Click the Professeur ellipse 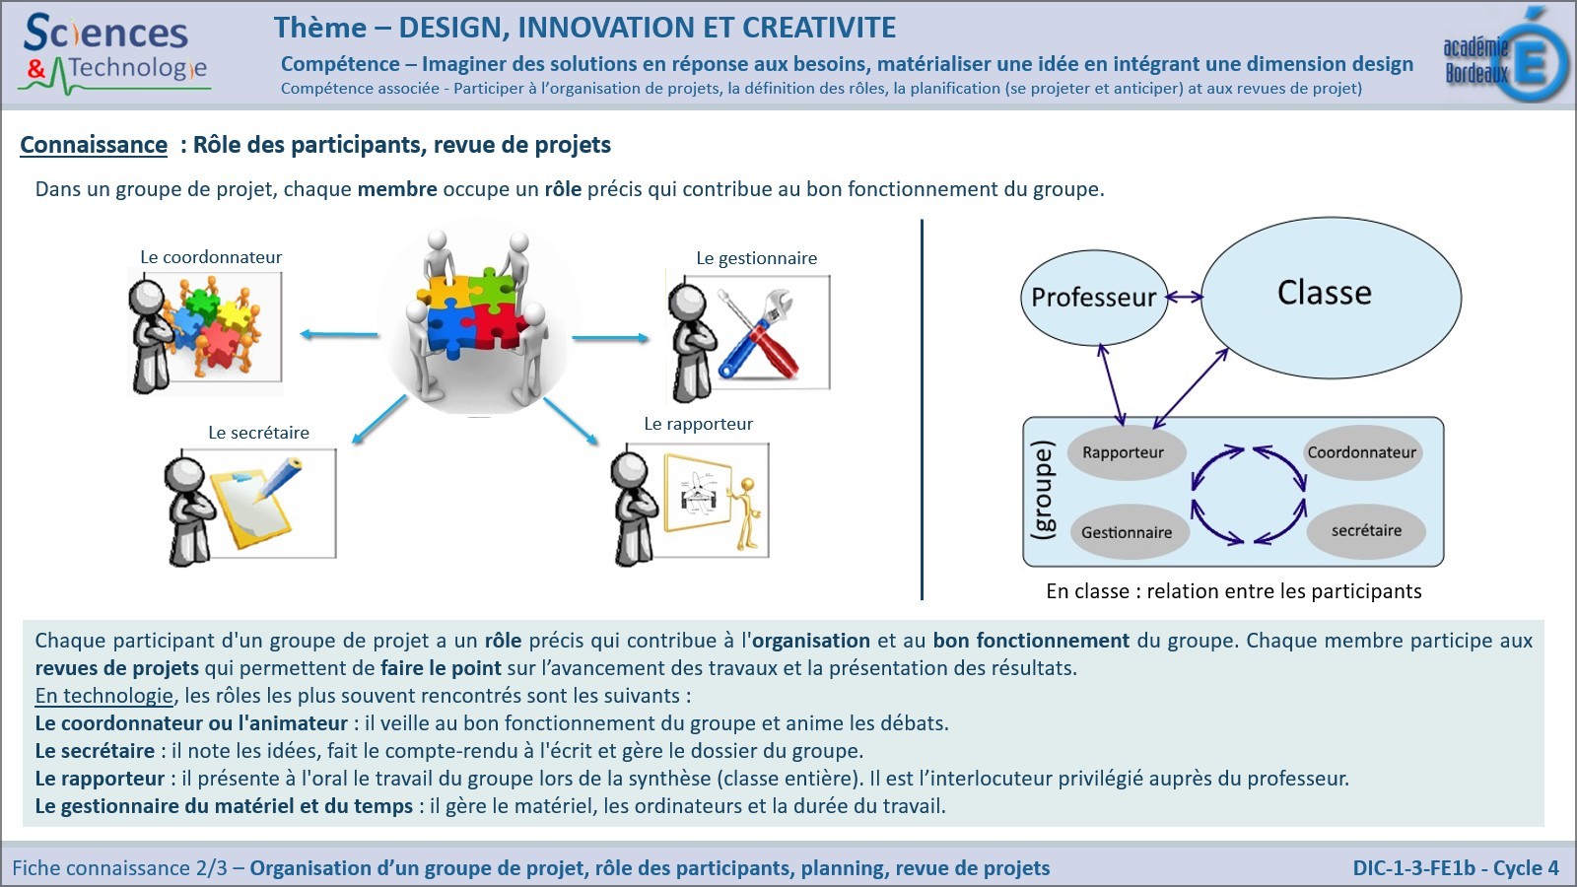point(1093,297)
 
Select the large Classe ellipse point(1331,297)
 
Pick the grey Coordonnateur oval point(1362,452)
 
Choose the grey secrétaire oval point(1366,531)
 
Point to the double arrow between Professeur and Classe point(1185,297)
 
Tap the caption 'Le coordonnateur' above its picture point(211,257)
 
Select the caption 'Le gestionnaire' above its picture point(757,258)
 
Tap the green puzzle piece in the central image point(492,287)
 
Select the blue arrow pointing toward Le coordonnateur point(339,334)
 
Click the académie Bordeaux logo point(1505,54)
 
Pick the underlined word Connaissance point(94,145)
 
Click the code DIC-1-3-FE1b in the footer point(1413,868)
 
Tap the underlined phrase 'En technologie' point(103,696)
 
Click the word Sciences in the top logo point(105,34)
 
